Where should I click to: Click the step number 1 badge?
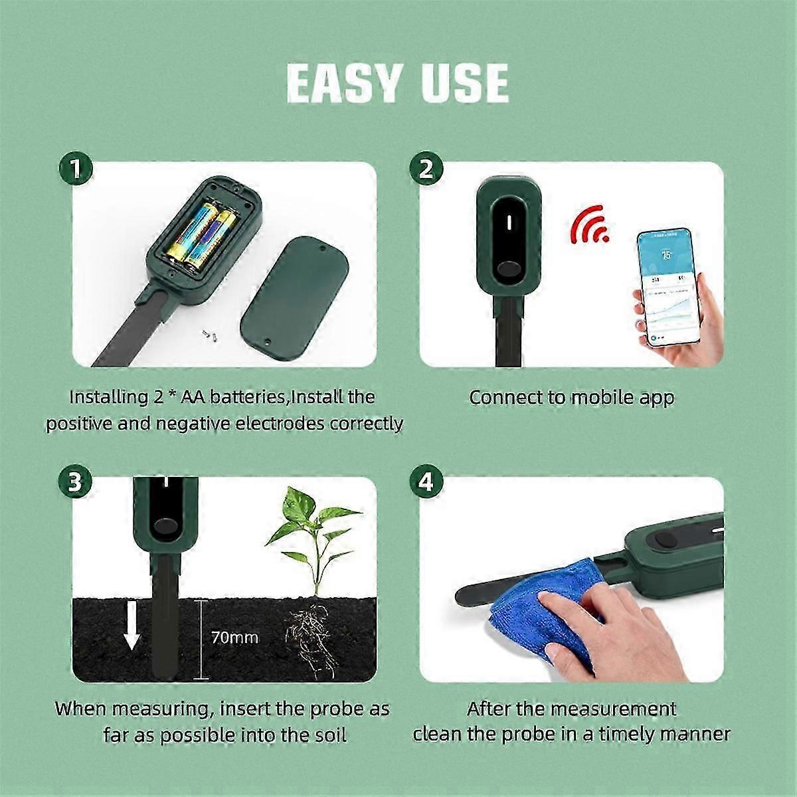tap(76, 169)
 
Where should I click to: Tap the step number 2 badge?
tap(426, 169)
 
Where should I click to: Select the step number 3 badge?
tap(76, 482)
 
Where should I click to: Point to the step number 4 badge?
tap(426, 482)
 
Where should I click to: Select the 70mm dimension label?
tap(234, 638)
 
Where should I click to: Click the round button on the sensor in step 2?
tap(510, 271)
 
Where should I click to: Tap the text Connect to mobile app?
tap(571, 398)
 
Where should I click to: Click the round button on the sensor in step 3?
tap(161, 528)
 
